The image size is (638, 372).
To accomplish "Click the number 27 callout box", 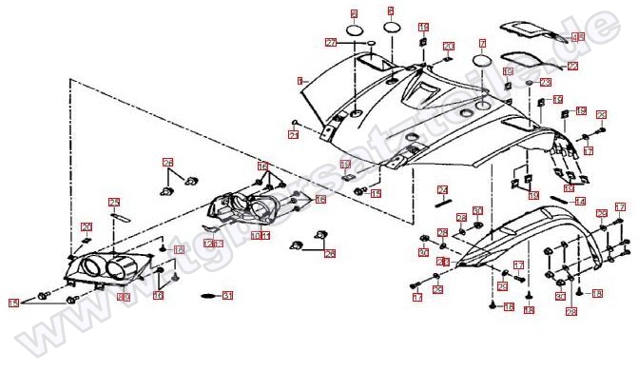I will pyautogui.click(x=331, y=43).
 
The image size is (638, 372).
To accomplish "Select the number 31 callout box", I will pyautogui.click(x=227, y=296).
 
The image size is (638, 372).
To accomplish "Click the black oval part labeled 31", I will pyautogui.click(x=204, y=298).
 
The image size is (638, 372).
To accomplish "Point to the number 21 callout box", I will pyautogui.click(x=294, y=134).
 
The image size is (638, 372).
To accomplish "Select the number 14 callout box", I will pyautogui.click(x=579, y=201).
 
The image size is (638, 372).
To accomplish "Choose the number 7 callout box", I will pyautogui.click(x=482, y=43).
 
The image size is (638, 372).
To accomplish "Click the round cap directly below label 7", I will pyautogui.click(x=482, y=62).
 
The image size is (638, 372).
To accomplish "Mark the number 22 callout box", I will pyautogui.click(x=572, y=67).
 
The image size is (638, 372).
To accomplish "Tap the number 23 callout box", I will pyautogui.click(x=546, y=83).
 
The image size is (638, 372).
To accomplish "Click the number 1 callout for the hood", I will pyautogui.click(x=300, y=81).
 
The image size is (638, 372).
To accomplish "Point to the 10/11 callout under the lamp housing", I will pyautogui.click(x=260, y=235).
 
